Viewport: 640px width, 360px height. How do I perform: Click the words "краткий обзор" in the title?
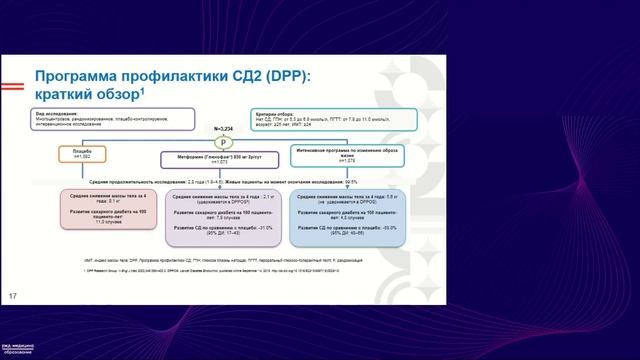87,96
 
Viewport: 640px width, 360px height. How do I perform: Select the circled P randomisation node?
232,143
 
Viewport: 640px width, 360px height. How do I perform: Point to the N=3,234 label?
232,130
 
